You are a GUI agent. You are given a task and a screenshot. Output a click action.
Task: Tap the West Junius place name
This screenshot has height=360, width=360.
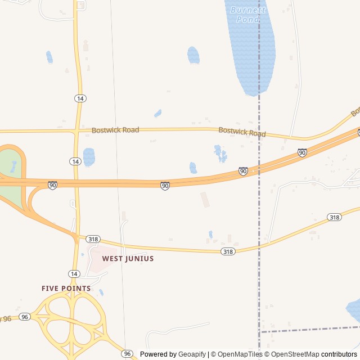click(128, 259)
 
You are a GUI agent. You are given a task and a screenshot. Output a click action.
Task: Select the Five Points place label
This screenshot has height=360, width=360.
click(66, 289)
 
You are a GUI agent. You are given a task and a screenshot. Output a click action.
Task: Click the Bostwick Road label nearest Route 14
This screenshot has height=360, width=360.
click(115, 130)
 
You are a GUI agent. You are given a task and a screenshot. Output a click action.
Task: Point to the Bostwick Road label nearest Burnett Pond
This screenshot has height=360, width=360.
click(242, 132)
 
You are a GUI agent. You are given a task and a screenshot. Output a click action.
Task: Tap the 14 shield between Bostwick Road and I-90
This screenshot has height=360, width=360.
click(75, 161)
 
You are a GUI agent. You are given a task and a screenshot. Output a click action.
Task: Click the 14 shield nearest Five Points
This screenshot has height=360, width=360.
click(74, 273)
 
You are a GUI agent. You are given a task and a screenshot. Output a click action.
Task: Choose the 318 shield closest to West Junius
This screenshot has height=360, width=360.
click(93, 239)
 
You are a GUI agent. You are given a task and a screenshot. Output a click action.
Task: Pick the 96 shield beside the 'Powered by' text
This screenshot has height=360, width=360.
click(128, 353)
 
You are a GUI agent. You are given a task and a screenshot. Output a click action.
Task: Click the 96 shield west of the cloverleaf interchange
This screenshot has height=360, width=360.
click(24, 317)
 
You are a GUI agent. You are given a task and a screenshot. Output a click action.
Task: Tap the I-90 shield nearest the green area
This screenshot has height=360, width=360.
click(52, 185)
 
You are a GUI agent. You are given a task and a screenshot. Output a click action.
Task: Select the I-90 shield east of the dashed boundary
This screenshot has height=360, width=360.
click(302, 152)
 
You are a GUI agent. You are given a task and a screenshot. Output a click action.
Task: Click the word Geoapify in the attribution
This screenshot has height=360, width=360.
click(192, 354)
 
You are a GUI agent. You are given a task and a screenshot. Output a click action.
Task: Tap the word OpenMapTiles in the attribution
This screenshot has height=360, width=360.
click(240, 354)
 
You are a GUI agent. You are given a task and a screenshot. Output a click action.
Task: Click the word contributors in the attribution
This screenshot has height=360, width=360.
click(339, 354)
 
